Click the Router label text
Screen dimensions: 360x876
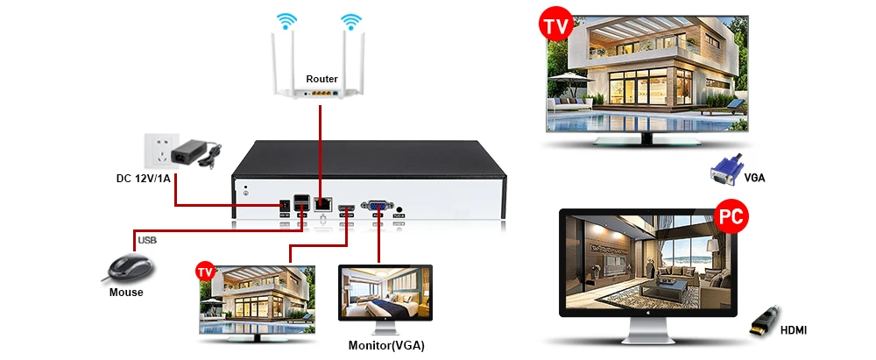321,80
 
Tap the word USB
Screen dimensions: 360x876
145,239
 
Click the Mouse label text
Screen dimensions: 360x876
126,293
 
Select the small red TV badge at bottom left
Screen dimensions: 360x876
205,271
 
